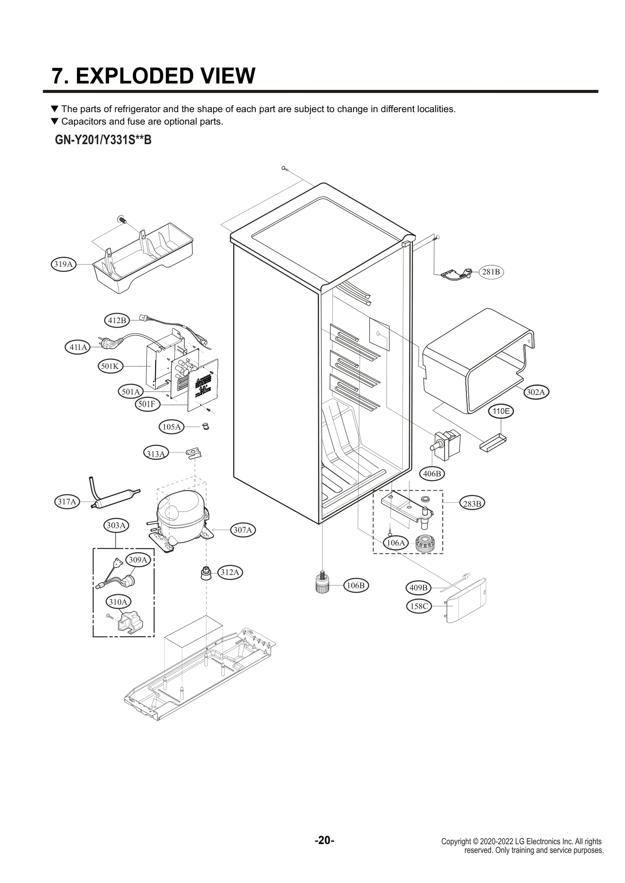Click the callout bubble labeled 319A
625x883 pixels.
pyautogui.click(x=63, y=264)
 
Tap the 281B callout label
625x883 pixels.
pyautogui.click(x=491, y=272)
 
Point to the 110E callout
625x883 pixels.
pyautogui.click(x=501, y=411)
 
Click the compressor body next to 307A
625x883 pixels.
pyautogui.click(x=180, y=519)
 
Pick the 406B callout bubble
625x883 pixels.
pyautogui.click(x=432, y=474)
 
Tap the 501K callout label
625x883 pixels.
pyautogui.click(x=110, y=366)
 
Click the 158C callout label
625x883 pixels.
pyautogui.click(x=419, y=606)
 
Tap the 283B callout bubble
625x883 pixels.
pyautogui.click(x=472, y=504)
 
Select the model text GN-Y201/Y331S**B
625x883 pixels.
pyautogui.click(x=103, y=140)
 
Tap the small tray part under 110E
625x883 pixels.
pyautogui.click(x=494, y=442)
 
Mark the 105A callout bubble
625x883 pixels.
pyautogui.click(x=171, y=427)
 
